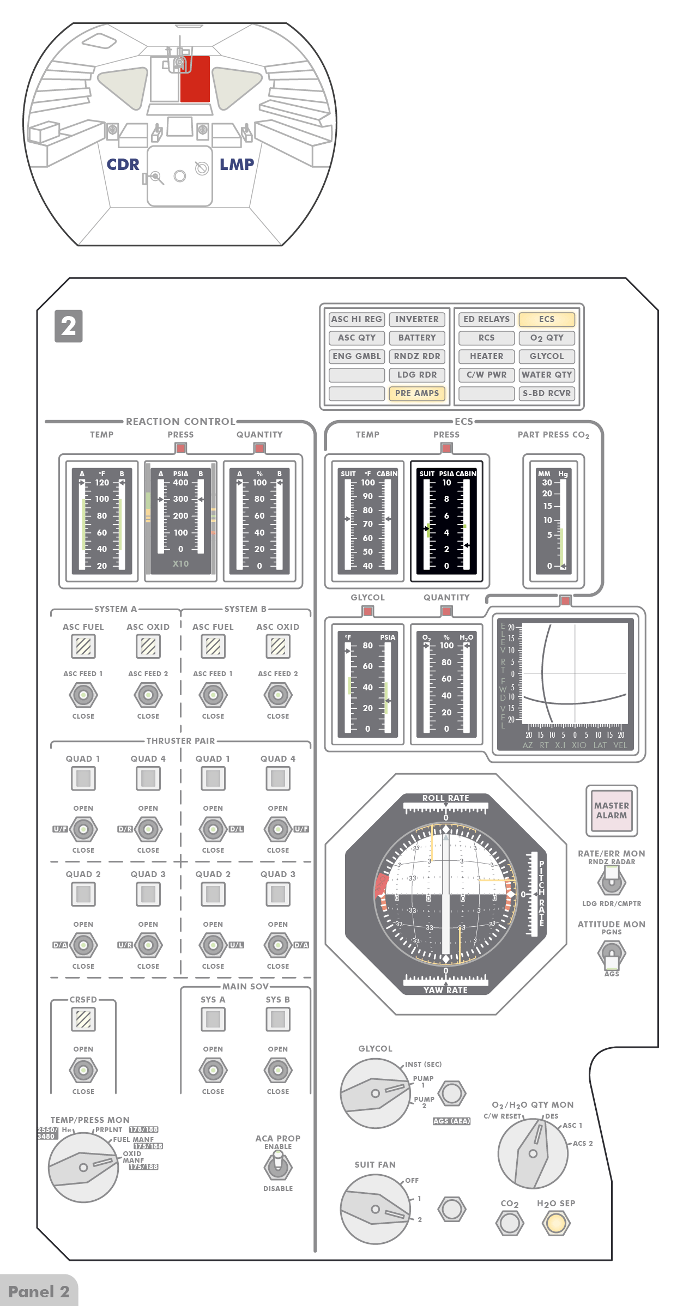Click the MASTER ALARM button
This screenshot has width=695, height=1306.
(x=611, y=810)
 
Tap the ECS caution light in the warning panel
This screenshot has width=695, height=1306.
(x=546, y=319)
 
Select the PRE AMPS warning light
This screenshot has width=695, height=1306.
(x=416, y=393)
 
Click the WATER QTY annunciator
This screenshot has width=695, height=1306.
(x=546, y=375)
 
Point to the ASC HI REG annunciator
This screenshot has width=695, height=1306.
(x=356, y=319)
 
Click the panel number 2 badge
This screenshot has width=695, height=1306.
(x=69, y=326)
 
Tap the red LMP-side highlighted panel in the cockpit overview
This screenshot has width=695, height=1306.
(x=195, y=79)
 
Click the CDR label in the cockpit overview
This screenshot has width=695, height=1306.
(x=123, y=165)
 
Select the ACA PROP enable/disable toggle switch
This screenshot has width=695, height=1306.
(x=278, y=1167)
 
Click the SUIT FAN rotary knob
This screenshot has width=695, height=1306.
(x=375, y=1209)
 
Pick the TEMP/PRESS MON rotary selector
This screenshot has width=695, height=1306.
(x=83, y=1167)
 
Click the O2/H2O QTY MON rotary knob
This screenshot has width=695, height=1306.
(x=533, y=1153)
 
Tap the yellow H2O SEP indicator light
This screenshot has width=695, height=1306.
(x=556, y=1223)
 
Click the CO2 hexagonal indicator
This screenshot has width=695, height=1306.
(x=510, y=1223)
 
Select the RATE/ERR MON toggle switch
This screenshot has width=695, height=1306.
(x=611, y=879)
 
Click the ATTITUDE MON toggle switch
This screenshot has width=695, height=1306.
(x=611, y=954)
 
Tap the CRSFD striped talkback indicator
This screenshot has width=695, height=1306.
(x=83, y=1019)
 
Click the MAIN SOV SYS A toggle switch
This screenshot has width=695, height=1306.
(x=213, y=1070)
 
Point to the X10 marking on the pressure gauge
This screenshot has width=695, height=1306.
(x=180, y=563)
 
